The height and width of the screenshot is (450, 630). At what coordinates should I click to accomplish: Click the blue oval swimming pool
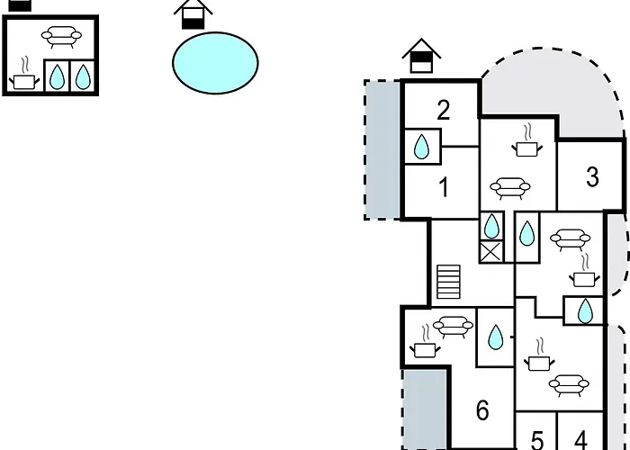[215, 63]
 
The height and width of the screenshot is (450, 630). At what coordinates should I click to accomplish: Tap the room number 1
[444, 187]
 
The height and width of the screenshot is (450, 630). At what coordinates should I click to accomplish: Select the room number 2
[443, 110]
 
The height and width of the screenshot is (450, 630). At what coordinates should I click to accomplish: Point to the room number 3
[592, 176]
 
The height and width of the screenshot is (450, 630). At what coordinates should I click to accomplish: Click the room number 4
[581, 439]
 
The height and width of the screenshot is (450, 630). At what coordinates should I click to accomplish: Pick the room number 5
[537, 440]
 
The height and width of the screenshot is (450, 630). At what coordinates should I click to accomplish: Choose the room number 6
[482, 410]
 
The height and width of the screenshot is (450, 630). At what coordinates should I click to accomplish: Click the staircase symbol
[448, 282]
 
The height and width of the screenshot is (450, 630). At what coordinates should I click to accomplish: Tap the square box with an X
[491, 252]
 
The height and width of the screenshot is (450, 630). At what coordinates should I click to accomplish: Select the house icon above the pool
[193, 14]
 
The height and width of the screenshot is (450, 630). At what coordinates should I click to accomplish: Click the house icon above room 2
[421, 56]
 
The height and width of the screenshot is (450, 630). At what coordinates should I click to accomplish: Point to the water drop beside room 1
[421, 147]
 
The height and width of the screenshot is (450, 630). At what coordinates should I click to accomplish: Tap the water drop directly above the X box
[491, 226]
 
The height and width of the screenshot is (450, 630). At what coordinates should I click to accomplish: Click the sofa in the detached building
[61, 37]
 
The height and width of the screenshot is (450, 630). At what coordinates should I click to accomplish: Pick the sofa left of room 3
[510, 188]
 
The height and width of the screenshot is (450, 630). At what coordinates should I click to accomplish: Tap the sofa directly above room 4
[569, 386]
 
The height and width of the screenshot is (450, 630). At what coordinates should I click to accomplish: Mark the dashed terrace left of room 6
[426, 409]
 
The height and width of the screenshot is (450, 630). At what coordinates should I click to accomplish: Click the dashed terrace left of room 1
[382, 150]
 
